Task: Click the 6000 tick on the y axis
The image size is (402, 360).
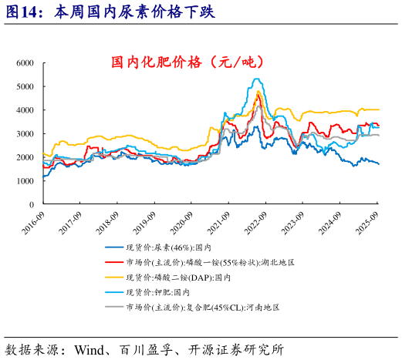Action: [x=25, y=62]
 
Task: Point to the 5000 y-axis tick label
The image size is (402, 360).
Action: [x=25, y=86]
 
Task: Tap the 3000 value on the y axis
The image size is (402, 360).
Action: [x=25, y=133]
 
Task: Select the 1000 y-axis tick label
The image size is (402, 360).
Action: [x=25, y=181]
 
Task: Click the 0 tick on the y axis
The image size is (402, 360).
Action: [x=32, y=204]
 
